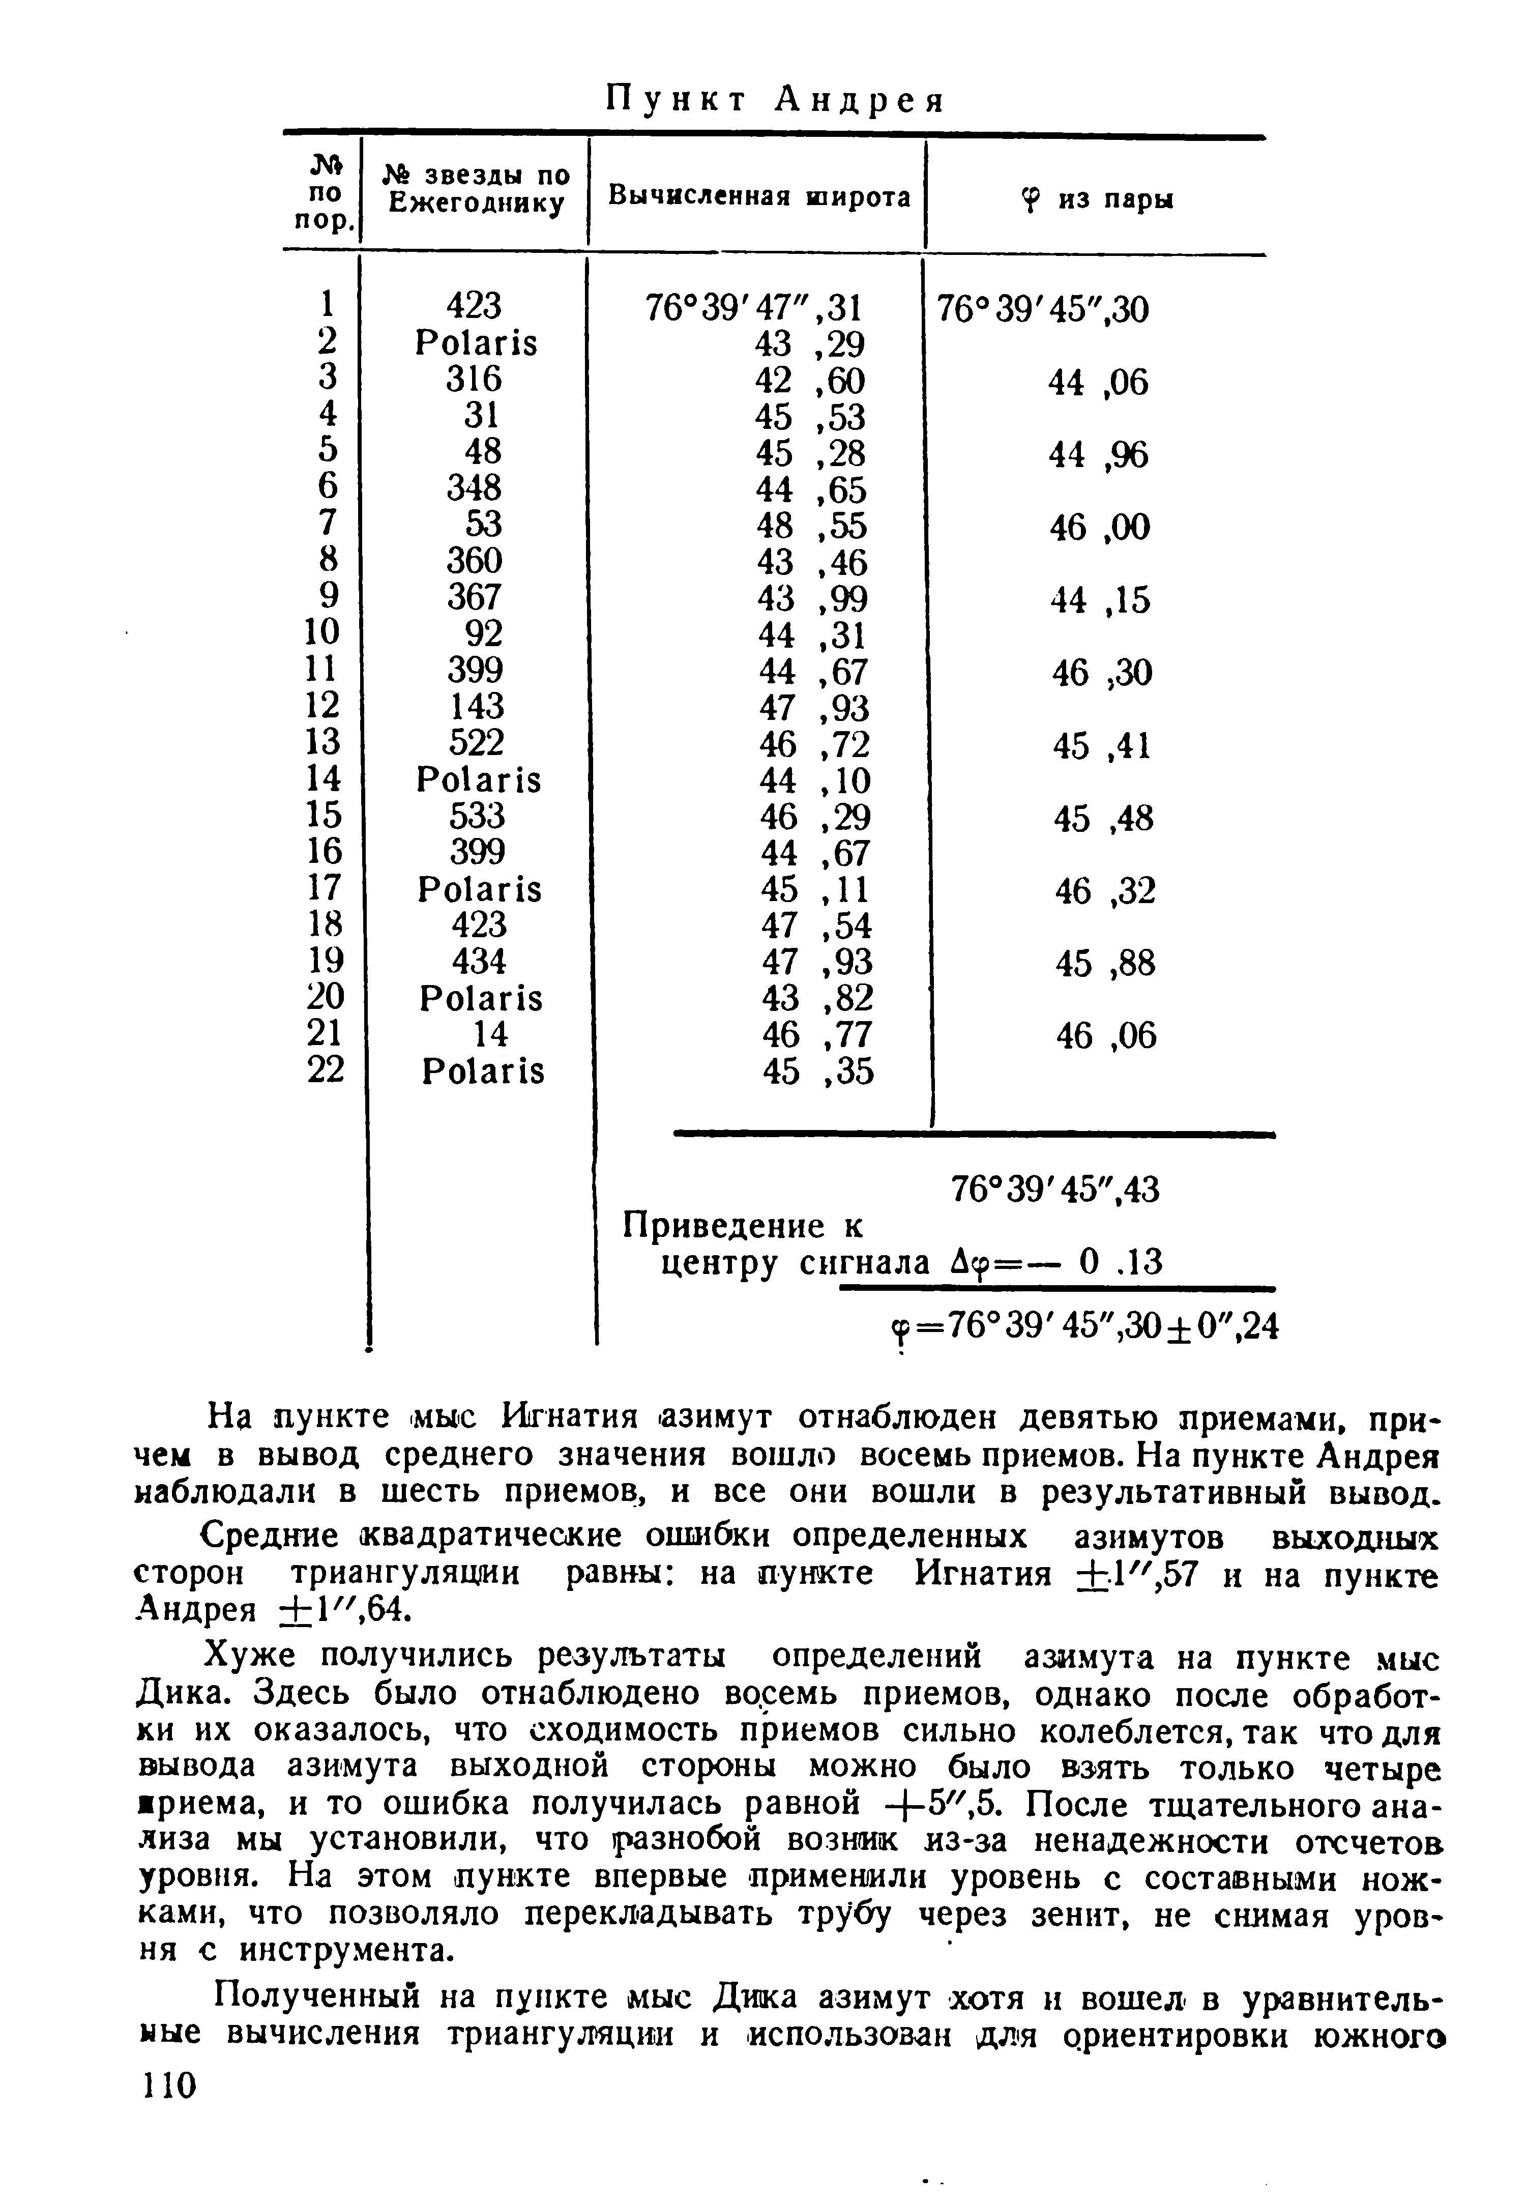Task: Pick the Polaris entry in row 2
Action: click(476, 343)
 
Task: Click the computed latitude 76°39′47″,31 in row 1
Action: click(754, 308)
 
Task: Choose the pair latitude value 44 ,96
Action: click(1099, 456)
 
